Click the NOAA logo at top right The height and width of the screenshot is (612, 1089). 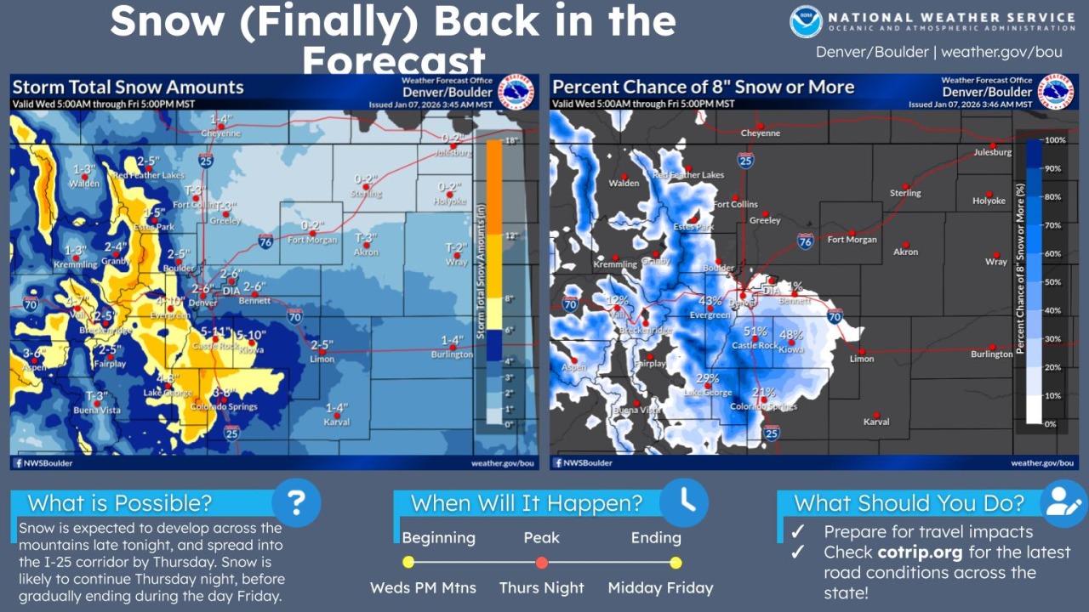point(806,22)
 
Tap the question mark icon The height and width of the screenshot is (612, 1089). point(296,501)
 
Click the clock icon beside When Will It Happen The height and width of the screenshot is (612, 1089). point(686,501)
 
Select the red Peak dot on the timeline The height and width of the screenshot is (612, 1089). point(542,563)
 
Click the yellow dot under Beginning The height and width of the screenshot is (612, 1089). point(408,563)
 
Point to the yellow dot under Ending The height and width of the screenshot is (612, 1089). point(676,563)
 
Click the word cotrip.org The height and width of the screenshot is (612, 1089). point(920,552)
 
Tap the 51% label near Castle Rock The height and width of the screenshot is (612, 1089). point(755,331)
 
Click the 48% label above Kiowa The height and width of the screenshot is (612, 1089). point(791,335)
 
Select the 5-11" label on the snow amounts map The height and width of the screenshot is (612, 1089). point(216,332)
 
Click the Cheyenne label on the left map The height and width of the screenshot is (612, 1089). point(220,133)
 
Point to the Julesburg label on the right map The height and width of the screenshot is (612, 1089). point(993,153)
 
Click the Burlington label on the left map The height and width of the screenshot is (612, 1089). point(452,354)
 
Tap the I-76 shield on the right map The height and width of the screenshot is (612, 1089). point(806,242)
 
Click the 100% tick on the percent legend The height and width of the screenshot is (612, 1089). point(1055,140)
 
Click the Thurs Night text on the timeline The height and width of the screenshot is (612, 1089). point(542,588)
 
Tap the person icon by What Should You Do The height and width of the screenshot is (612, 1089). point(1063,501)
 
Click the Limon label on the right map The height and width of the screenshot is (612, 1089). point(862,359)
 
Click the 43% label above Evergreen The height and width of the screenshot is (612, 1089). point(710,301)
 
